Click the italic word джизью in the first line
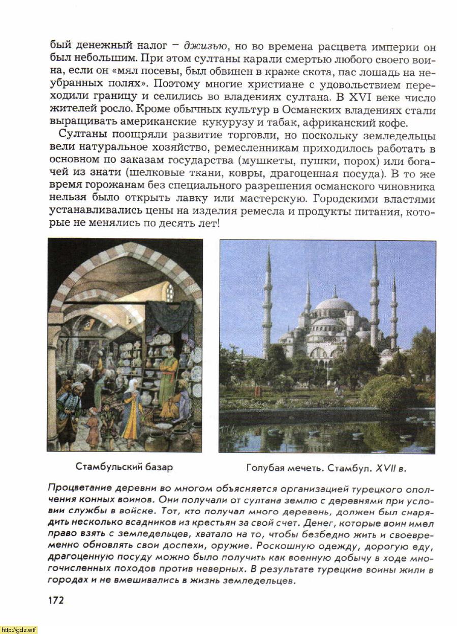(x=202, y=47)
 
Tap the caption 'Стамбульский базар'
(x=124, y=466)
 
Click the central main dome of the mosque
(x=334, y=305)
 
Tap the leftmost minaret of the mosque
(x=267, y=305)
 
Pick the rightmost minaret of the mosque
(x=393, y=310)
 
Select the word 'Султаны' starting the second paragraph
(x=81, y=135)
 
